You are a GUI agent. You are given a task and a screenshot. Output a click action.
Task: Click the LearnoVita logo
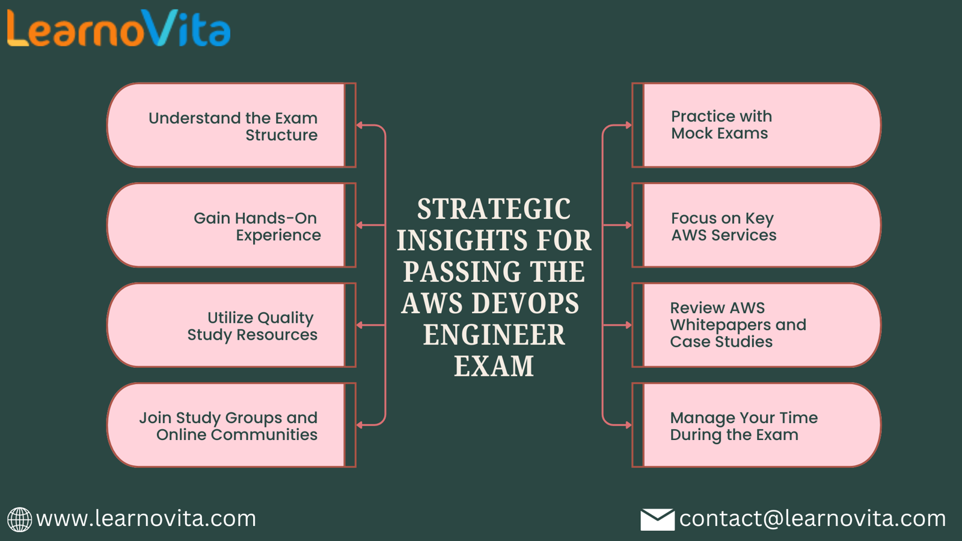118,28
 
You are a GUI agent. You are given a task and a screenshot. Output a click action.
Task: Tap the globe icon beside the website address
19,519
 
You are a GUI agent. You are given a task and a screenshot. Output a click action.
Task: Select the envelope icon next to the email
657,519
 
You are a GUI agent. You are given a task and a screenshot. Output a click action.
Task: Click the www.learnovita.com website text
146,519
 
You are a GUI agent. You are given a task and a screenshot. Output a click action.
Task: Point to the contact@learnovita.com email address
812,519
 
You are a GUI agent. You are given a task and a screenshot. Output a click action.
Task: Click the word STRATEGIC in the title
494,209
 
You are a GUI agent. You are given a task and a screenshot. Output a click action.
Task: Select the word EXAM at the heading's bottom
494,366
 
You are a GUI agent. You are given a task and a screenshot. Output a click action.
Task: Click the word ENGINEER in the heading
494,335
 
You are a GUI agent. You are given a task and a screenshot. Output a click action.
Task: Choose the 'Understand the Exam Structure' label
233,126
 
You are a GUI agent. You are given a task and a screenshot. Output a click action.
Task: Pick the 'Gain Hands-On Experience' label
257,226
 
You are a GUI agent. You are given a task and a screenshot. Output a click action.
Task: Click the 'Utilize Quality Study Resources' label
252,326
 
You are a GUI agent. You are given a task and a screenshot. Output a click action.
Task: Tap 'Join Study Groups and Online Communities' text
228,426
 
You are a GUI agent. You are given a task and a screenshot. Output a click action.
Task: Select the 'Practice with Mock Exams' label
721,124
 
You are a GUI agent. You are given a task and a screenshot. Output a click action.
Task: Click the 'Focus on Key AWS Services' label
724,226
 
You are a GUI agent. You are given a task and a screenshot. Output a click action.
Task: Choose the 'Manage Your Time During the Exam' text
744,426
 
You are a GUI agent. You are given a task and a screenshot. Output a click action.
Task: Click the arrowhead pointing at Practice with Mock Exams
629,126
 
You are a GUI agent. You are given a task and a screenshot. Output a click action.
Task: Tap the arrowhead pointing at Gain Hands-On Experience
360,225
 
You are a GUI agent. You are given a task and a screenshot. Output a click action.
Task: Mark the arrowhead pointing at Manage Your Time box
629,425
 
